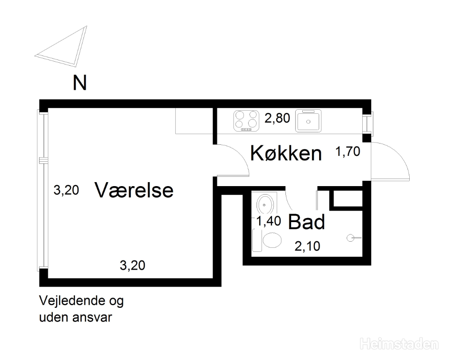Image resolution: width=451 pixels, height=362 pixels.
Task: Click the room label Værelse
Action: coord(134,190)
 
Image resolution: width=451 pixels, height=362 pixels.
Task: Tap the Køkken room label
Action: coord(286,153)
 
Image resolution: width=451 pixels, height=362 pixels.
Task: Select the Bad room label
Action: coord(306,222)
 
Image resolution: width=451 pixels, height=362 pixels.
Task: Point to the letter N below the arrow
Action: coord(79,83)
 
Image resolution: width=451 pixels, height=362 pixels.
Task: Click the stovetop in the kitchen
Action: coord(246,121)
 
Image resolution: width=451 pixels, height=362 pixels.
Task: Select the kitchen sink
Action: coord(308,121)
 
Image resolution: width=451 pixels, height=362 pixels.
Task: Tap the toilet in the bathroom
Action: coord(267,240)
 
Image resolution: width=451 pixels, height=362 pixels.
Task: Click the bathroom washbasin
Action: coord(265,204)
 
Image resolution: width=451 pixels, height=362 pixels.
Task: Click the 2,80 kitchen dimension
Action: coord(277,118)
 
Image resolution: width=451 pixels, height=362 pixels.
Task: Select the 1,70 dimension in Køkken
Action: coord(348,151)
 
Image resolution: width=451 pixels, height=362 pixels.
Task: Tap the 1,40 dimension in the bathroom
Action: coord(269,221)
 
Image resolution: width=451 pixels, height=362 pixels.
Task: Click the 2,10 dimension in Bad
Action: coord(307,247)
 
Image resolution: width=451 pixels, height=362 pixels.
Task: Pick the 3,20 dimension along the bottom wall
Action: coord(132,266)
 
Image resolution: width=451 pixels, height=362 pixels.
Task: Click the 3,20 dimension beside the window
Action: coord(66,191)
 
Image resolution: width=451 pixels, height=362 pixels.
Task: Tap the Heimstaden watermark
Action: coord(399,344)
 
